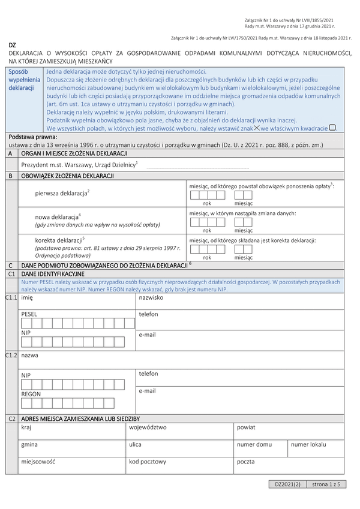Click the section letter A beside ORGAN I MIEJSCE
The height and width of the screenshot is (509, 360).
pyautogui.click(x=10, y=153)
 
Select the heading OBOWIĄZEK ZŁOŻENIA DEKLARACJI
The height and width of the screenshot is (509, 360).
pyautogui.click(x=67, y=176)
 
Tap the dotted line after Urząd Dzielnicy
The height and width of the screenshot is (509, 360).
pyautogui.click(x=197, y=168)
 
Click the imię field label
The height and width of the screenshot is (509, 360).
pyautogui.click(x=27, y=297)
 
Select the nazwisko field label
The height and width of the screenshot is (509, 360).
pyautogui.click(x=151, y=297)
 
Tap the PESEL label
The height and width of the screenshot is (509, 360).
pyautogui.click(x=29, y=314)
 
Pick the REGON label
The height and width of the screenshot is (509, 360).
pyautogui.click(x=31, y=394)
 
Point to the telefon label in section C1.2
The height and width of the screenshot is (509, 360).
pyautogui.click(x=148, y=374)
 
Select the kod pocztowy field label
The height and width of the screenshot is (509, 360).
pyautogui.click(x=148, y=462)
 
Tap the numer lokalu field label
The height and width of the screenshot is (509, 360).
pyautogui.click(x=308, y=444)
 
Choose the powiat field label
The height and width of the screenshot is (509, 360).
pyautogui.click(x=246, y=427)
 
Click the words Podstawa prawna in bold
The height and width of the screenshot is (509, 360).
pyautogui.click(x=29, y=137)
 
